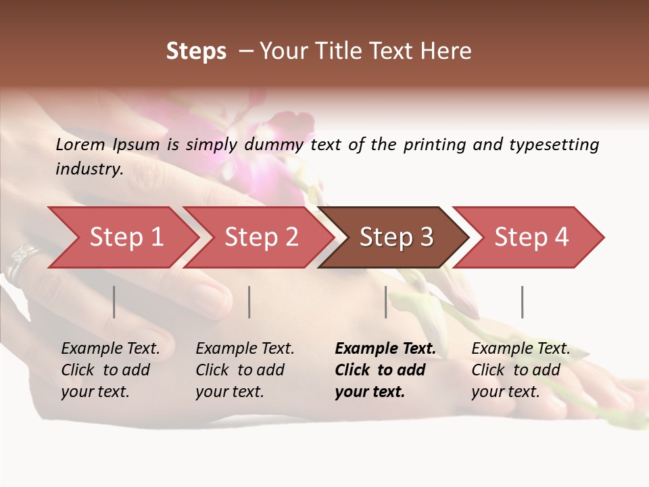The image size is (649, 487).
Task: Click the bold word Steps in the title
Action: point(196,51)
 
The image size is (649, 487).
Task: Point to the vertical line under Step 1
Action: point(114,302)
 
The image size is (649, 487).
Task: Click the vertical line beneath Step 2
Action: point(249,302)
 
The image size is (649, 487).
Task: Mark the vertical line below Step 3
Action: point(386,302)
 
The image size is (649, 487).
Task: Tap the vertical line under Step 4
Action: point(523,302)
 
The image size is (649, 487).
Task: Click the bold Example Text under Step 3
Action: point(385,349)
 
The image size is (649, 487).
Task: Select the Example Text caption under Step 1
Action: point(110,349)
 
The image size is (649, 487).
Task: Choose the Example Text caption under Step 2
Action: point(245,349)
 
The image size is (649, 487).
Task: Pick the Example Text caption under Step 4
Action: point(521,349)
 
